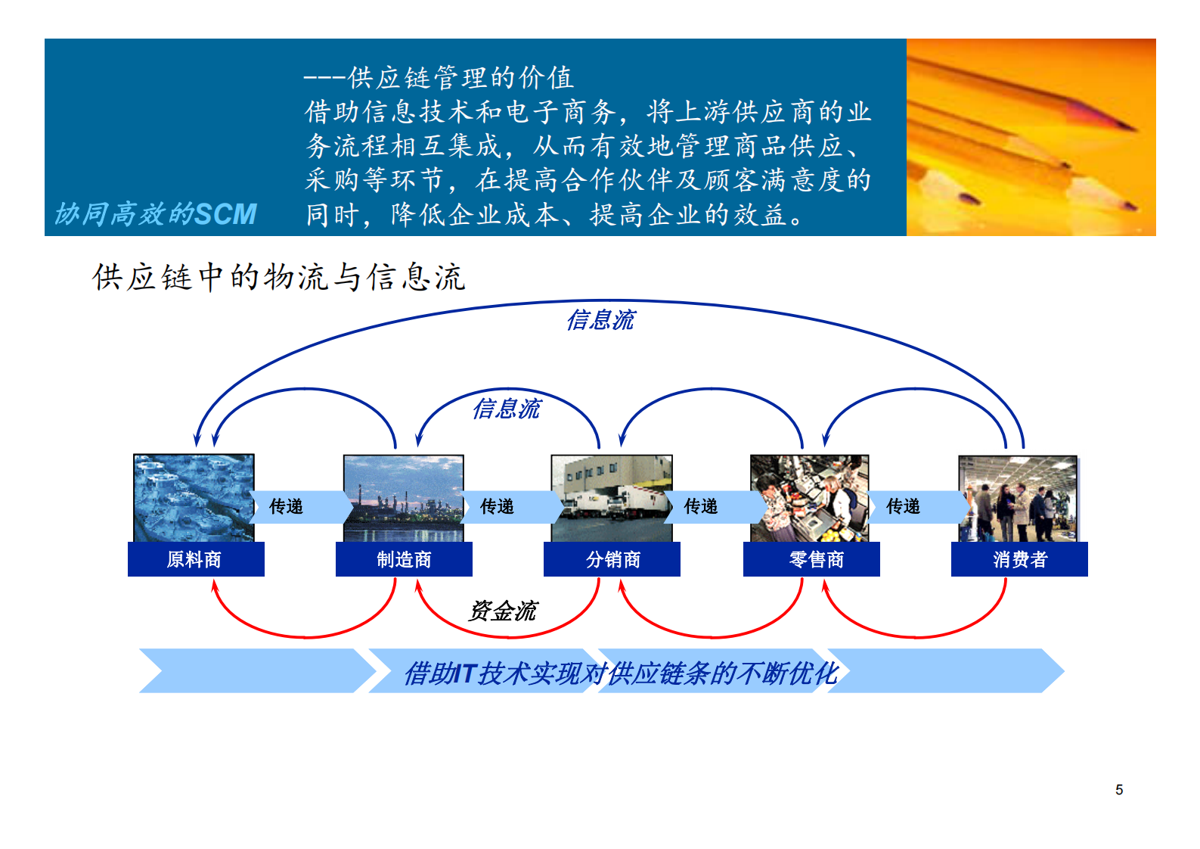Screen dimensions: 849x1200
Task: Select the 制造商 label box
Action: [x=404, y=559]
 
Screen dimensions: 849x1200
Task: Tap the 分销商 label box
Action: [x=612, y=559]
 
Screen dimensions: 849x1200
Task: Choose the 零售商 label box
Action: [x=811, y=559]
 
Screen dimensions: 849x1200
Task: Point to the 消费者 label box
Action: [x=1019, y=559]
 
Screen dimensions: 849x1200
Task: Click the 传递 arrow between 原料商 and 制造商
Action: [x=295, y=506]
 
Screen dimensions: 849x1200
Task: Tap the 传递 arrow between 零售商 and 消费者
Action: [x=912, y=506]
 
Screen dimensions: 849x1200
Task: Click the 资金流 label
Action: [x=503, y=611]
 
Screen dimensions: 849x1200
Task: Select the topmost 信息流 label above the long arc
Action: [x=600, y=320]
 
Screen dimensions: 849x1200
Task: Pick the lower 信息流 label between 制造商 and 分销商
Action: [x=506, y=409]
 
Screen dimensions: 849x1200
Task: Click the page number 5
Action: [x=1119, y=790]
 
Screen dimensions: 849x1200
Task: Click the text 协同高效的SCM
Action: [x=156, y=214]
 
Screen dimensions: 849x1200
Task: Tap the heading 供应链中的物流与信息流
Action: [x=278, y=278]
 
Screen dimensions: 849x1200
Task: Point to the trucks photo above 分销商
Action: [x=612, y=498]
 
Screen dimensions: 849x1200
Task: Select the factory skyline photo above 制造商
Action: [x=403, y=498]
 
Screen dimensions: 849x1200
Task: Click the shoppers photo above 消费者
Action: [x=1018, y=498]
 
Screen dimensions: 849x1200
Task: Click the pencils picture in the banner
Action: [x=1031, y=137]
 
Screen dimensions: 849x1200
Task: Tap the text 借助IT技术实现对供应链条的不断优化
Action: [x=620, y=673]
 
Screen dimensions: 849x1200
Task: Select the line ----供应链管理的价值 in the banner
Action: [x=439, y=77]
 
